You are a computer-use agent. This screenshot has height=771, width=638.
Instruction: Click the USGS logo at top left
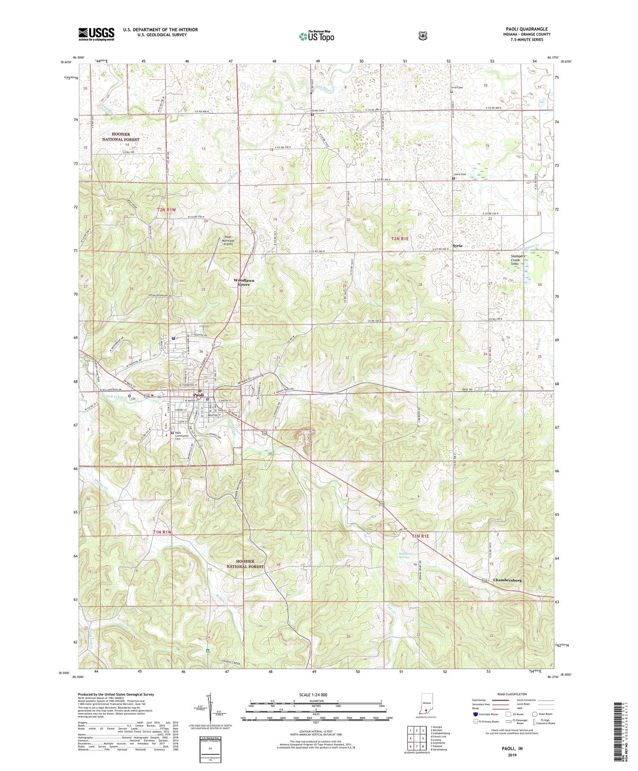[96, 34]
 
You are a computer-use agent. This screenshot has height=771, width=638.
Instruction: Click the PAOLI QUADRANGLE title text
[526, 29]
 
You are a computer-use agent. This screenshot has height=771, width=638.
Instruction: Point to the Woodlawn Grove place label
[244, 283]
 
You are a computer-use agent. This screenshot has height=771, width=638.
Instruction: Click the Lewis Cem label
[460, 174]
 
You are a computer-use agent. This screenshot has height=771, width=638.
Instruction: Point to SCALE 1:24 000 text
[313, 695]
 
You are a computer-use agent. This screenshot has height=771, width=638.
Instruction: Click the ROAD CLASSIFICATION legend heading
[512, 695]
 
